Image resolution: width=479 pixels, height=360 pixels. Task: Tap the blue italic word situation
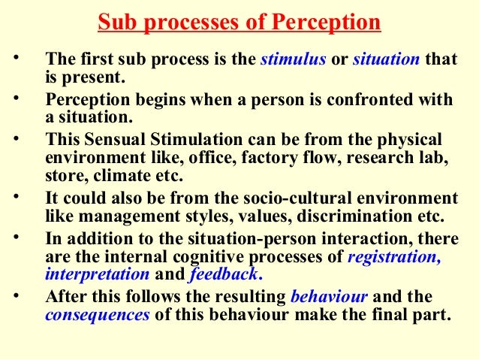(x=385, y=61)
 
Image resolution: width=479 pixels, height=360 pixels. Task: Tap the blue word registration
(x=396, y=258)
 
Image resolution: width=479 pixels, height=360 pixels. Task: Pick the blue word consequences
(x=98, y=316)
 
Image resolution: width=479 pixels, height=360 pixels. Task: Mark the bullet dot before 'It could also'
(x=17, y=198)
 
